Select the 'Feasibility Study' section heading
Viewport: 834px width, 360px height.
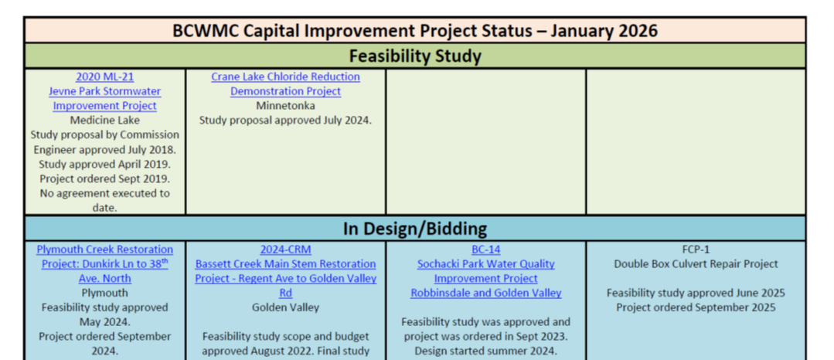pos(415,56)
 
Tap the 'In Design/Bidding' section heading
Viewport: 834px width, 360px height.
pos(415,229)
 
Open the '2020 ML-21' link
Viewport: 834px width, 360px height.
pos(104,76)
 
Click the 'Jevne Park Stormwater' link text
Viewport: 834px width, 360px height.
pos(104,91)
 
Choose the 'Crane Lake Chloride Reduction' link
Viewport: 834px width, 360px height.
pos(285,76)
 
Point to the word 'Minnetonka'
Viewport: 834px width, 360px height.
pos(285,106)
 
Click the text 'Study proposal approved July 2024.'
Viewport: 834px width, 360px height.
pos(285,120)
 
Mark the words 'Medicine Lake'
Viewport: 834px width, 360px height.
pos(104,120)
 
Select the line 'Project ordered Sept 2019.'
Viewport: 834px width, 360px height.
pos(104,178)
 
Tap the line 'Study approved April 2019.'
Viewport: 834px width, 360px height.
pos(104,164)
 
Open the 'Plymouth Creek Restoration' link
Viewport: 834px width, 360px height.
pos(104,250)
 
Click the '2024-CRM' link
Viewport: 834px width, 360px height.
pos(285,250)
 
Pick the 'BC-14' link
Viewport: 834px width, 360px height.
pos(485,250)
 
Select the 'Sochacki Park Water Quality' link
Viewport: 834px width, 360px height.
pos(485,264)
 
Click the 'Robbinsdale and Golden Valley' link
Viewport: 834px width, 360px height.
pos(485,293)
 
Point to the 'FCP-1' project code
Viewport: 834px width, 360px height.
pos(696,250)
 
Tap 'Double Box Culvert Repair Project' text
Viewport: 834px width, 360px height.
pos(696,264)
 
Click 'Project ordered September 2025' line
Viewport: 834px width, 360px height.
pos(696,307)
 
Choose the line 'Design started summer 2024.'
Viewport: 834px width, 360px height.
pos(485,351)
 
